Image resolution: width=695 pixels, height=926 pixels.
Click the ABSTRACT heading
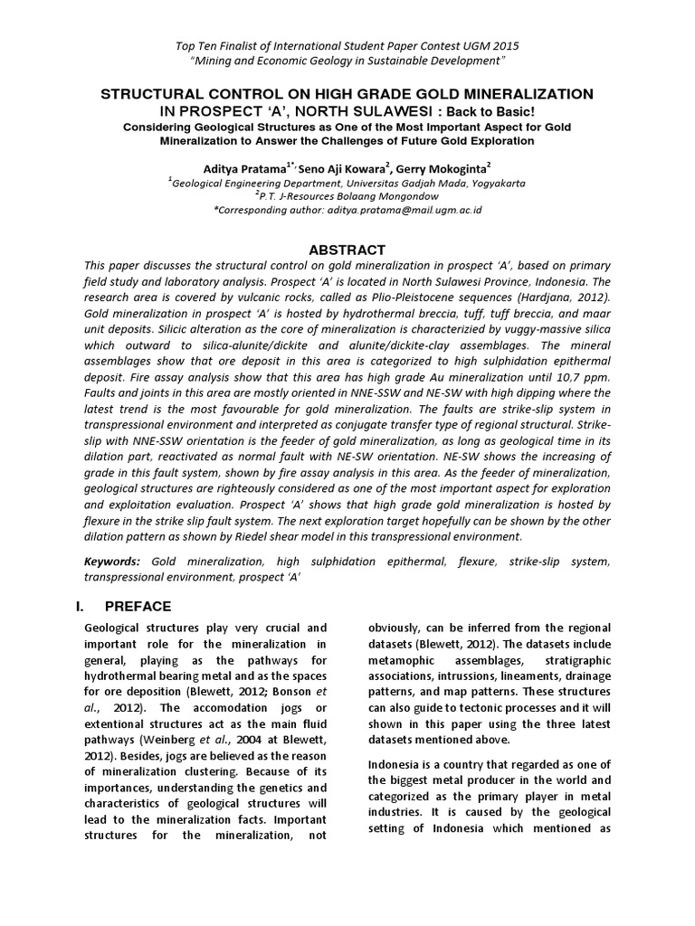click(347, 250)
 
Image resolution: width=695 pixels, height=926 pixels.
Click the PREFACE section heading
click(151, 605)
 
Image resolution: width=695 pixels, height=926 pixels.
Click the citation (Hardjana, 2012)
click(559, 296)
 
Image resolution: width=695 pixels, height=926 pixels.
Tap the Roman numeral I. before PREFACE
click(90, 605)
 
